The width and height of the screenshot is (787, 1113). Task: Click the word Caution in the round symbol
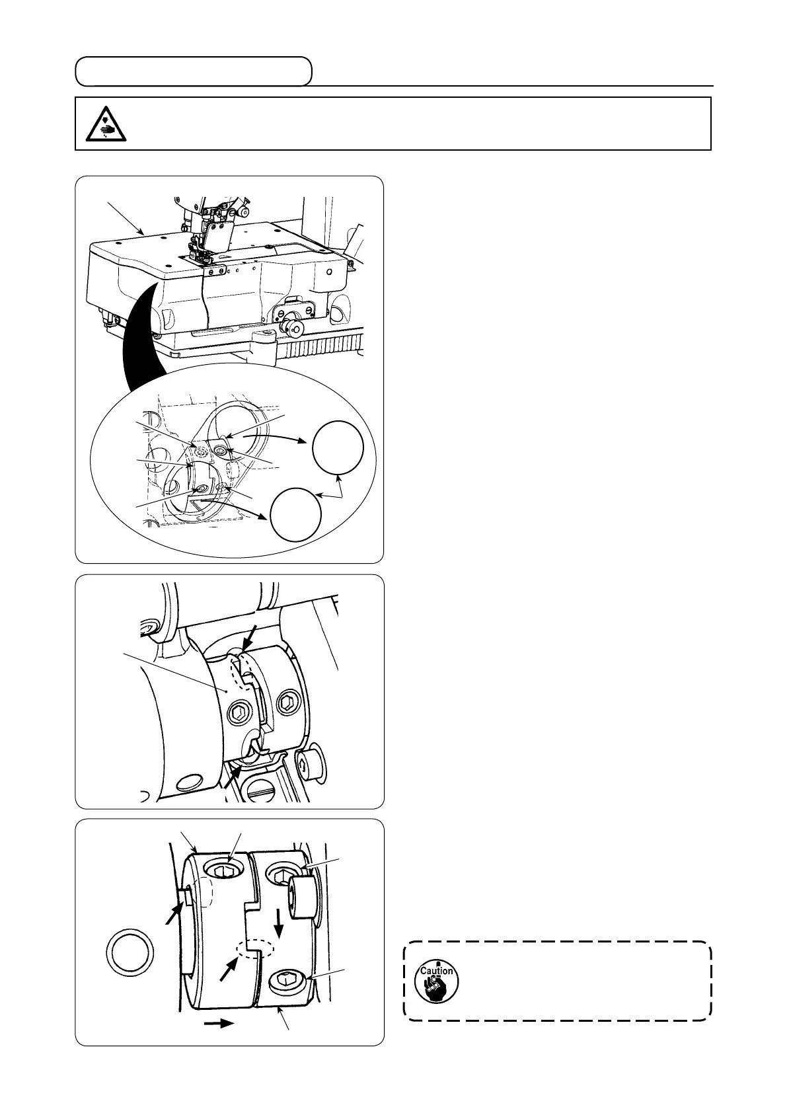[x=436, y=971]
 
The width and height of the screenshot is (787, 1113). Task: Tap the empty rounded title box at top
[x=193, y=71]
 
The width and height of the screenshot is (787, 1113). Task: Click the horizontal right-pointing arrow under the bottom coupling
[x=219, y=1023]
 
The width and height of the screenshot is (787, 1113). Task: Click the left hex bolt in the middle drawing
[x=239, y=712]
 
